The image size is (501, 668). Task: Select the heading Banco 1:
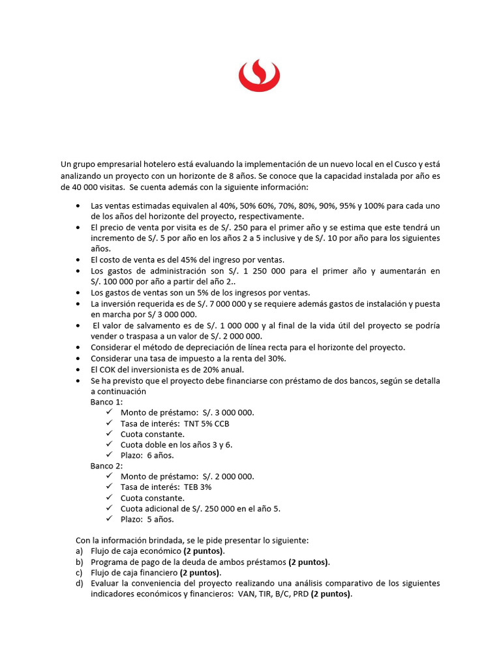[106, 402]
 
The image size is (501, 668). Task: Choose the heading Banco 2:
[106, 466]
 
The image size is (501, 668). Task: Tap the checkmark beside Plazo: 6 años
[109, 455]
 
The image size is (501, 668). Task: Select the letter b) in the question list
[80, 562]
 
